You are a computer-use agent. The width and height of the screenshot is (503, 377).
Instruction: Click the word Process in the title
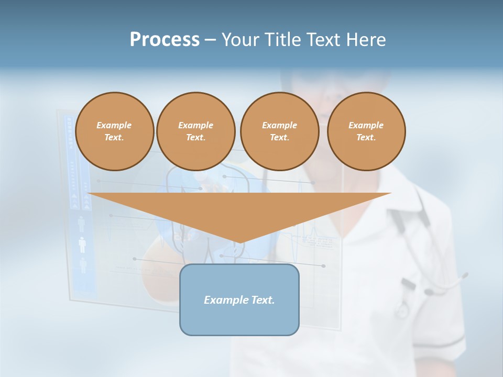(165, 40)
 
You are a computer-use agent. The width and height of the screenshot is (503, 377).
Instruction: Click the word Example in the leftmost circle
(114, 125)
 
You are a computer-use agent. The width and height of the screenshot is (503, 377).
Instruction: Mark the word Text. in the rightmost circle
(366, 137)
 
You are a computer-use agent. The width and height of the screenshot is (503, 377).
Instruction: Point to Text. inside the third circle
(279, 137)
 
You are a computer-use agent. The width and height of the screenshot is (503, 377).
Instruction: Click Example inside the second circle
(195, 125)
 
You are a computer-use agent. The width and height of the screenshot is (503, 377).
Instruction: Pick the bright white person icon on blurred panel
(82, 245)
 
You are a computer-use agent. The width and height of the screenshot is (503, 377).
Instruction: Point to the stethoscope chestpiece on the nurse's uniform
(402, 310)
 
